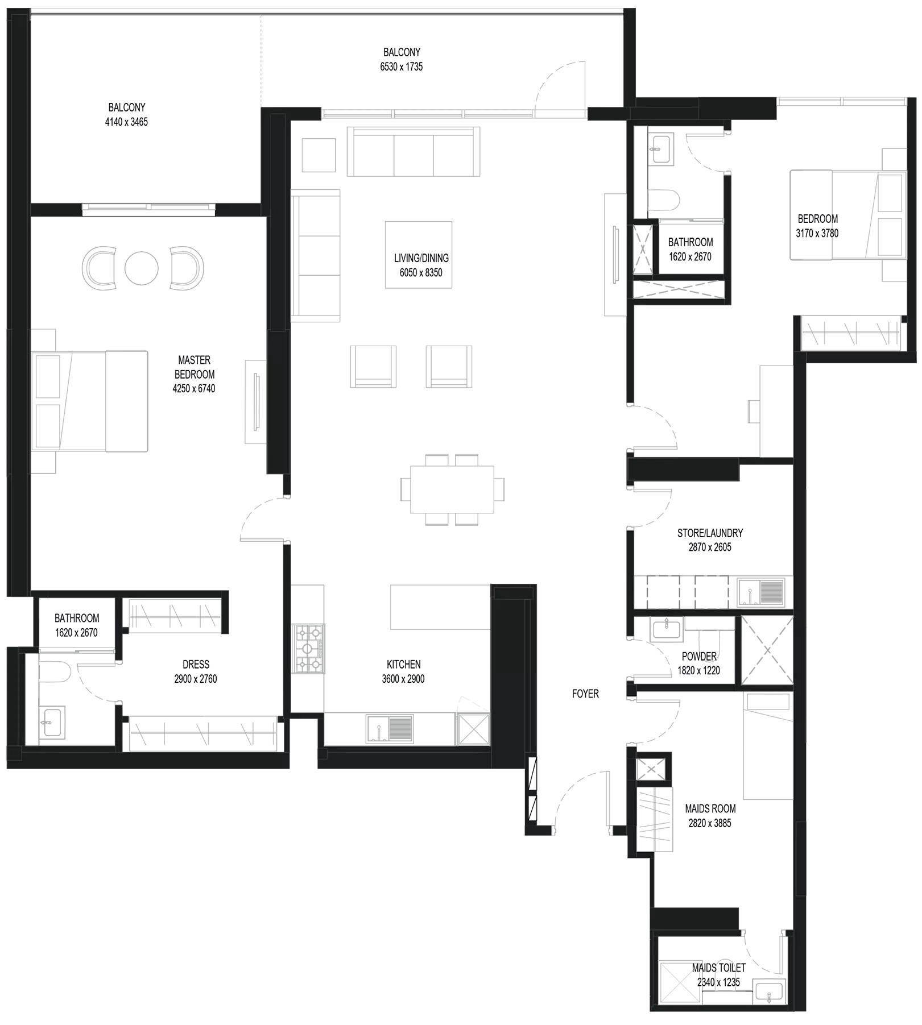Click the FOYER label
tap(585, 694)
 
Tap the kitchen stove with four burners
tap(308, 649)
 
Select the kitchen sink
tap(390, 729)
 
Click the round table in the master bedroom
tap(142, 267)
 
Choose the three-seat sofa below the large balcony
tap(414, 152)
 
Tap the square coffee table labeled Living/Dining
tap(419, 255)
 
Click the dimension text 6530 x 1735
tap(402, 67)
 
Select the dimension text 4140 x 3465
tap(126, 122)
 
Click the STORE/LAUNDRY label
tap(710, 533)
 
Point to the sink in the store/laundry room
tap(761, 591)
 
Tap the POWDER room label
tap(699, 657)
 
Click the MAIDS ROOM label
tap(710, 808)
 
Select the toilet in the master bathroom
tap(55, 671)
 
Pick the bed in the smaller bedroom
tap(848, 215)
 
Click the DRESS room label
tap(196, 664)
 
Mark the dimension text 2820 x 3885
tap(710, 823)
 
